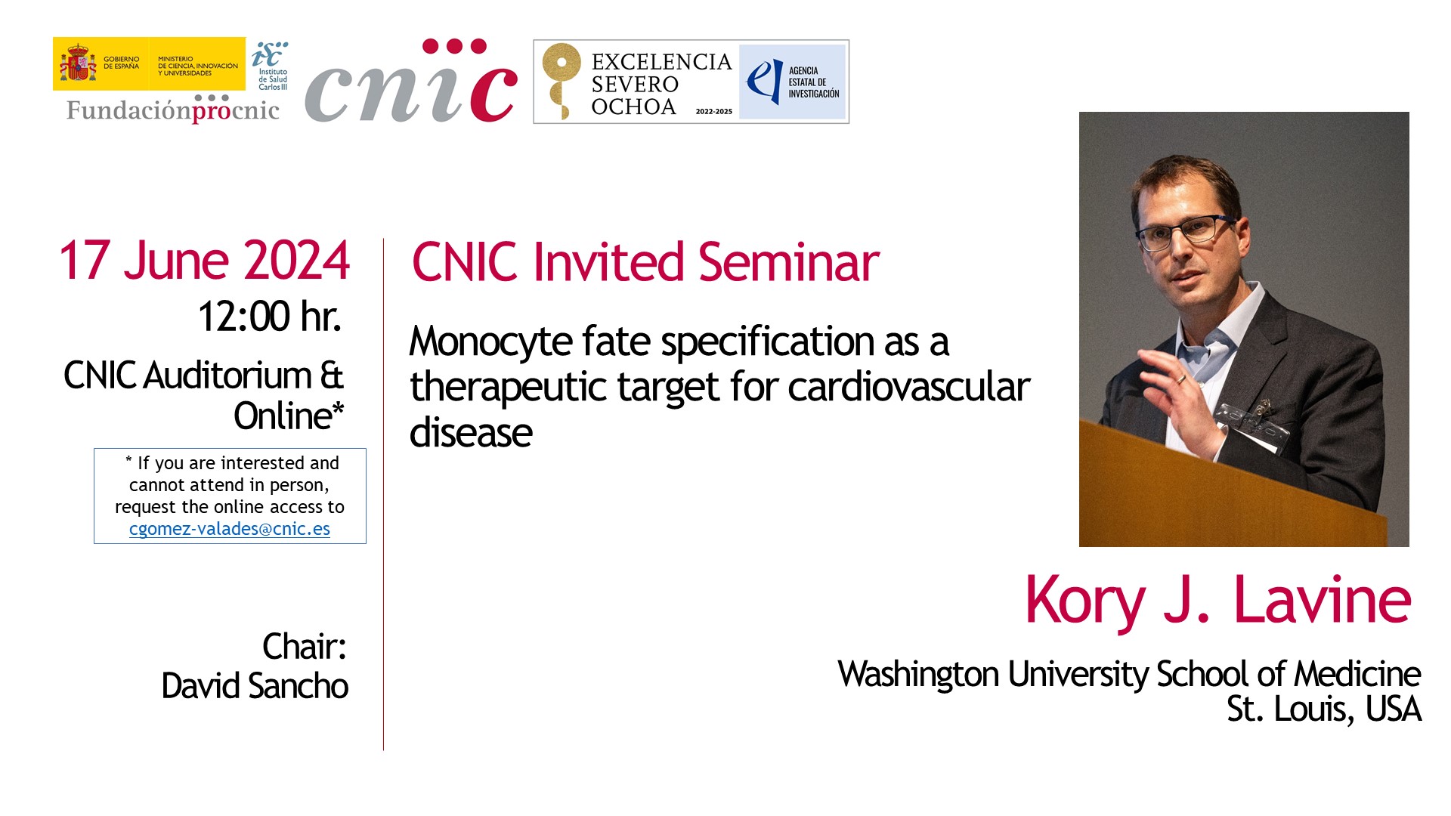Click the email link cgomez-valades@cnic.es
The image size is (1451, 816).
coord(230,529)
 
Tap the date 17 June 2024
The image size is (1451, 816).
coord(204,261)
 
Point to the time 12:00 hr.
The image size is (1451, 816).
coord(270,316)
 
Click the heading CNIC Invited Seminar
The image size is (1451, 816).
coord(645,262)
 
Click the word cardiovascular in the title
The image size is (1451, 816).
coord(909,387)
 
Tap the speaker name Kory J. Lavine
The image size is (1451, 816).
coord(1217,600)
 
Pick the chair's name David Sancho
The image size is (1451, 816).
coord(255,686)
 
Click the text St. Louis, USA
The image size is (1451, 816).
coord(1324,709)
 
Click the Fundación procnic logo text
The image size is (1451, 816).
coord(173,110)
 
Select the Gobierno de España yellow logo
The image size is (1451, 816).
coord(149,64)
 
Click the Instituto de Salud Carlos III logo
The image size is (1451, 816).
coord(270,66)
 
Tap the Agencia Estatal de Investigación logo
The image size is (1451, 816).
coord(792,82)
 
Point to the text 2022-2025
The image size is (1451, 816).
coord(713,111)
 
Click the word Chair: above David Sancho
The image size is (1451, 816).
coord(304,647)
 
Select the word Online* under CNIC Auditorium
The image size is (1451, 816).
coord(289,416)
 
